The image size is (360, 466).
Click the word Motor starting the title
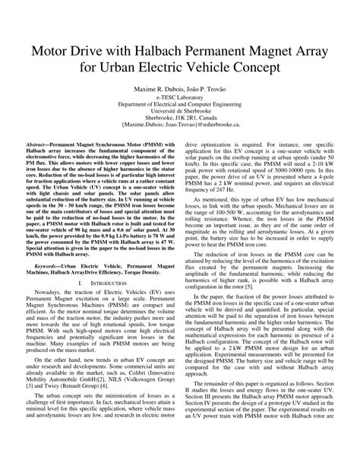click(x=54, y=56)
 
